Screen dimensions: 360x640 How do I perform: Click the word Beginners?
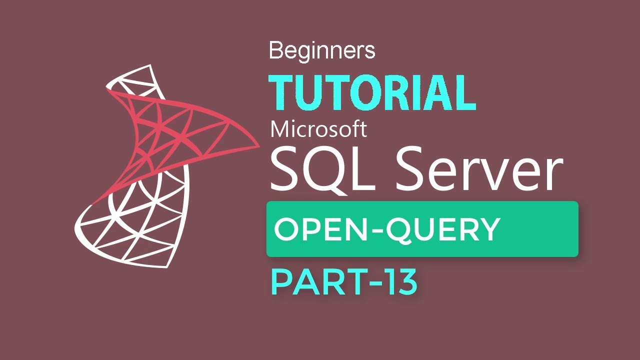click(321, 50)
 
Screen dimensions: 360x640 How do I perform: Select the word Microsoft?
click(318, 129)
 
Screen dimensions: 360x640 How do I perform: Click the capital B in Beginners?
click(275, 50)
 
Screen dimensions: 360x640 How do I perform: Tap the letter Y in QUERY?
click(488, 229)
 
